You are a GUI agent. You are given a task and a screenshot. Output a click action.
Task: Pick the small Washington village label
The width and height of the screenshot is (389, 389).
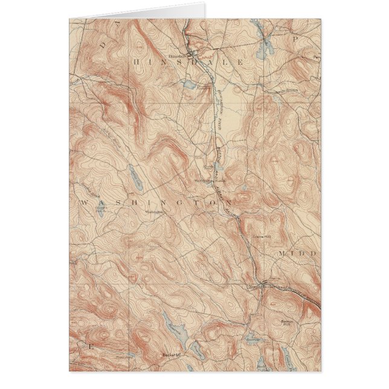click(x=155, y=212)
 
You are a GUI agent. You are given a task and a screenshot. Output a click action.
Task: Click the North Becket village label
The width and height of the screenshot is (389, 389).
click(x=256, y=286)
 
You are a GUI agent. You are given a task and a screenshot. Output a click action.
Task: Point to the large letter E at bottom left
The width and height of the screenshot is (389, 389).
click(x=91, y=347)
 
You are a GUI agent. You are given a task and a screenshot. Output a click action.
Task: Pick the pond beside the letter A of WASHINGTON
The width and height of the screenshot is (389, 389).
click(x=100, y=211)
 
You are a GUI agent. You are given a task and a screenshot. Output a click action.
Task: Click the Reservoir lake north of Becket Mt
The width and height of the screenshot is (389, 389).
click(x=170, y=323)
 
